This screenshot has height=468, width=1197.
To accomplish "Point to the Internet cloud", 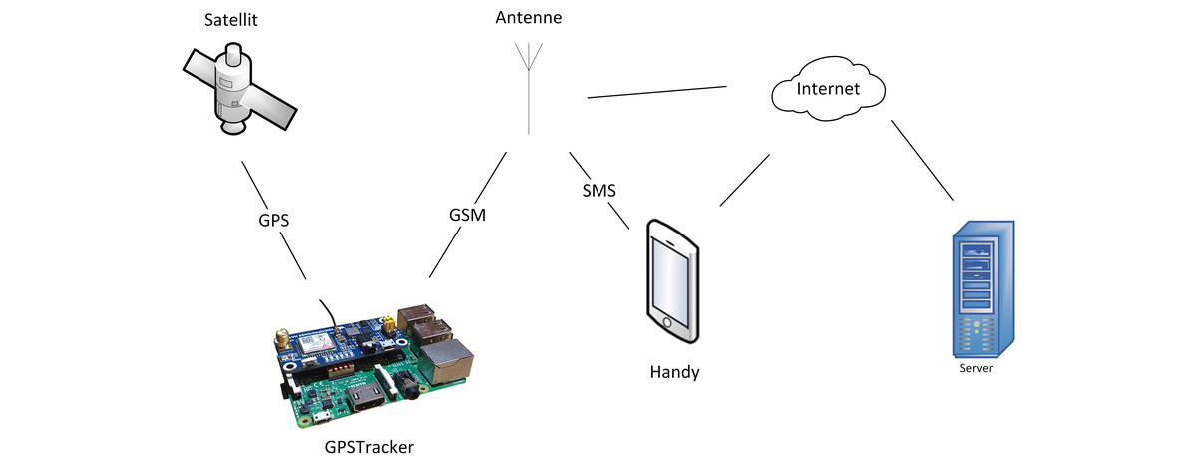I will point(828,89).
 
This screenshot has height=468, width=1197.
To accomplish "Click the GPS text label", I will point(273,221).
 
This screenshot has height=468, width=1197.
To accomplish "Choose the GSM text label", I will point(468,215).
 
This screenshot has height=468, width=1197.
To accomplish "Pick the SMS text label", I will point(598,189).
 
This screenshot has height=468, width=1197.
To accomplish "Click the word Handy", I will point(674,372).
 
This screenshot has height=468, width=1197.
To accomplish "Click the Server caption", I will point(976,368).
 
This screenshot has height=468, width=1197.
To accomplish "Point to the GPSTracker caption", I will point(369,446).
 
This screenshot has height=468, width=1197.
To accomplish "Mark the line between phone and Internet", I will point(744,181).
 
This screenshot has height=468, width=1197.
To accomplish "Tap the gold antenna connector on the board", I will point(283,340).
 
